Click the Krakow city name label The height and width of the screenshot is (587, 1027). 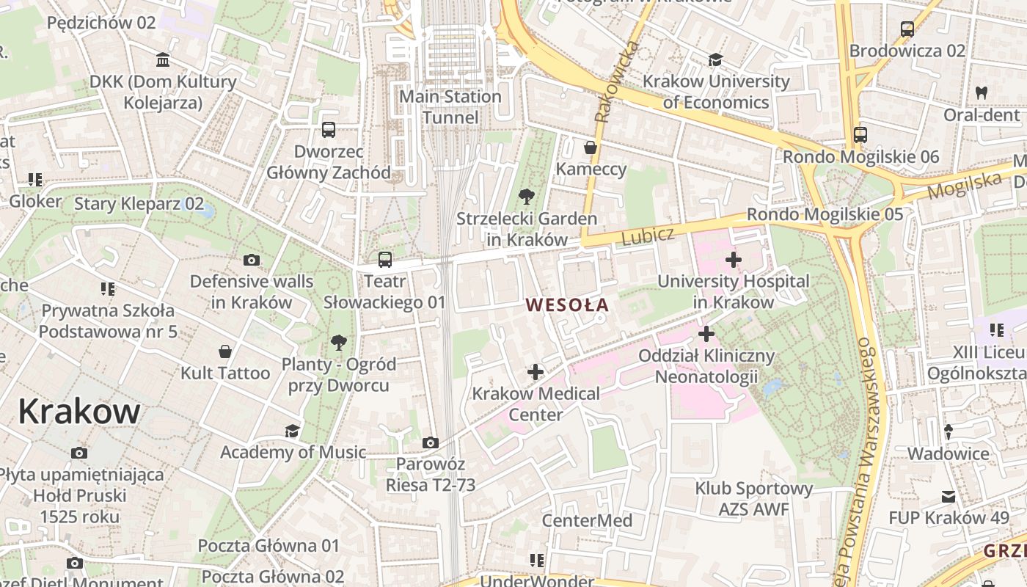point(78,412)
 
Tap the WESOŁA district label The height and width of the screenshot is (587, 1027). point(567,304)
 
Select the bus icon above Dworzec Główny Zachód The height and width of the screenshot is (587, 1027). point(329,130)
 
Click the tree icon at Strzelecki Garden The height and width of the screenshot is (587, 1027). point(526,196)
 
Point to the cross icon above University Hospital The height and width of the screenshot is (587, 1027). point(733,259)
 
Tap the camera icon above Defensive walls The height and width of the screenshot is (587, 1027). point(252,260)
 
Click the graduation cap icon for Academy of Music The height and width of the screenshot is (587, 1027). point(293,431)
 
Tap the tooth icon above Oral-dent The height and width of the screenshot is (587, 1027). point(982,93)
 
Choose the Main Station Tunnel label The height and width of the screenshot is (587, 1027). point(450,107)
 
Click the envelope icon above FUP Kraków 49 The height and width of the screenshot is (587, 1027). point(949,497)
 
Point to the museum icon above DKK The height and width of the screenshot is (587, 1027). point(163,59)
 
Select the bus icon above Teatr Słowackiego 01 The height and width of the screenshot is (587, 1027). point(385,259)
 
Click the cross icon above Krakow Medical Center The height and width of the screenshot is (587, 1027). point(536,372)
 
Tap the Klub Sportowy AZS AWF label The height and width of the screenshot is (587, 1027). point(754,499)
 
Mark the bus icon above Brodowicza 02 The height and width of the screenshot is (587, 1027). point(907,29)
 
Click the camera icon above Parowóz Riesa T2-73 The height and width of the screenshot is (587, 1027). point(431,442)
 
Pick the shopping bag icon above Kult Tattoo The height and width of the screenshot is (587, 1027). point(225,351)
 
